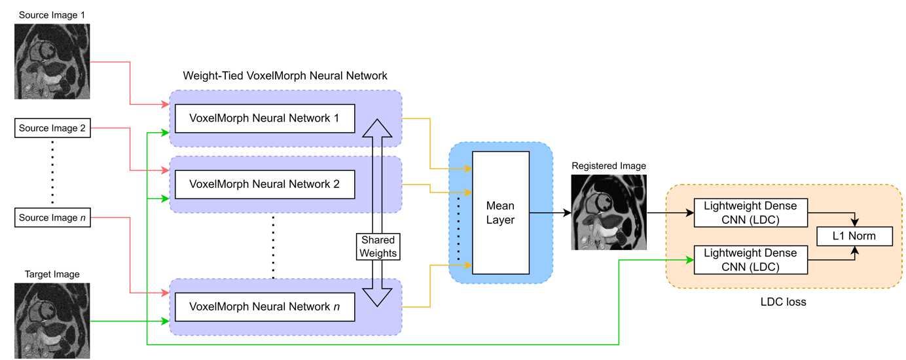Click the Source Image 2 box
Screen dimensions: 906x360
coord(52,128)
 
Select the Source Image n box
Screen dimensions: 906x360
coord(52,217)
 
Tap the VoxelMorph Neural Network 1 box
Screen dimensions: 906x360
coord(265,118)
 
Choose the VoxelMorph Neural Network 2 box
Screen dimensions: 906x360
coord(265,185)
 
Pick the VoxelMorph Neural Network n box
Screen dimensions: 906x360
coord(265,307)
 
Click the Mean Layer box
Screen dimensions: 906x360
coord(501,213)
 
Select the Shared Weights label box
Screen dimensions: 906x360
coord(378,247)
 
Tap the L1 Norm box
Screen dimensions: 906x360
coord(855,236)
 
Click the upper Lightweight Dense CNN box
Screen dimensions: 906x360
coord(751,213)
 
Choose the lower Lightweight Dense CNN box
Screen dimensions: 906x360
coord(751,260)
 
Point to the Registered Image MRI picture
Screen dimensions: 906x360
coord(609,212)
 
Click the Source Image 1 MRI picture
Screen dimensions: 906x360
coord(52,62)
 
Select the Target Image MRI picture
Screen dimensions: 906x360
coord(52,321)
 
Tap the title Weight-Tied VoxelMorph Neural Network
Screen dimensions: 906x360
coord(285,76)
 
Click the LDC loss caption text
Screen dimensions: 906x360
coord(783,302)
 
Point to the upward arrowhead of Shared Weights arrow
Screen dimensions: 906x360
coord(377,128)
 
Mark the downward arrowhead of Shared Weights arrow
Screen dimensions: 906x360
coord(377,298)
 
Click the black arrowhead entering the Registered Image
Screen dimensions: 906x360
coord(567,212)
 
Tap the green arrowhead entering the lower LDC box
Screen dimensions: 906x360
coord(690,260)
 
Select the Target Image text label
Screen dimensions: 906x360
coord(52,274)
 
